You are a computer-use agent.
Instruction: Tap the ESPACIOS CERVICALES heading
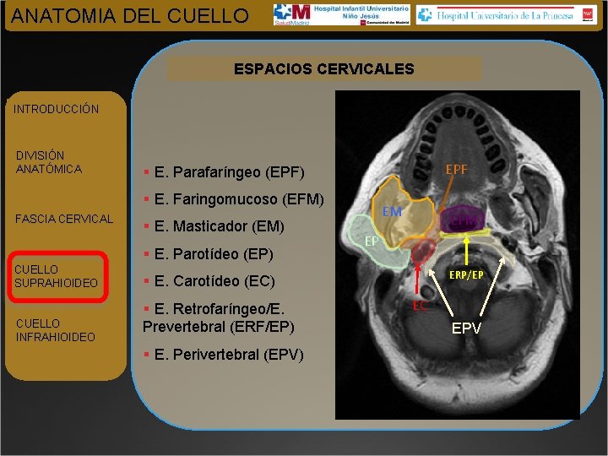[x=324, y=68]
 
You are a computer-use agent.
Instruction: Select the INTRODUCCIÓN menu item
[x=57, y=109]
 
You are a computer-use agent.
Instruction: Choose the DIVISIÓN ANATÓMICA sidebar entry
[x=49, y=162]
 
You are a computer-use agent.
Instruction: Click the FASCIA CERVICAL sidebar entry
[x=64, y=219]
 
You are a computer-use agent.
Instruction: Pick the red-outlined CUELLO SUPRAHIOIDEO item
[x=57, y=276]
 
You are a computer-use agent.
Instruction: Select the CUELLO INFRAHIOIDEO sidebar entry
[x=55, y=330]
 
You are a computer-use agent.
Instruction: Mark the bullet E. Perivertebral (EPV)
[x=224, y=354]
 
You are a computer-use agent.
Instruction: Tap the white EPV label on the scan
[x=466, y=328]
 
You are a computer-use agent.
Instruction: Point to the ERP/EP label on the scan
[x=466, y=274]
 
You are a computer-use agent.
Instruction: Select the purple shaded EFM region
[x=461, y=220]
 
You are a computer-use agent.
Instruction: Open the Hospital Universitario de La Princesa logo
[x=505, y=14]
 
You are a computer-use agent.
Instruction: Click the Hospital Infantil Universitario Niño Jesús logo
[x=342, y=14]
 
